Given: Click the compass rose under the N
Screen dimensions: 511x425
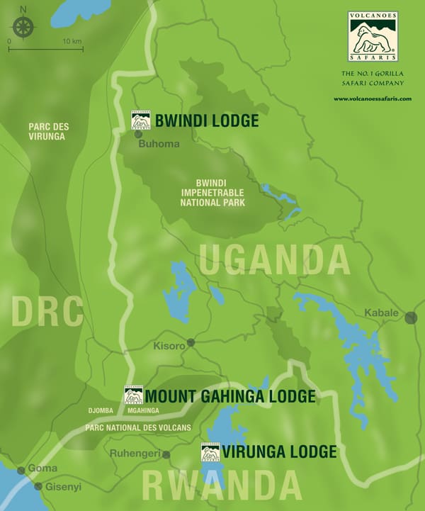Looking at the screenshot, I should [x=24, y=26].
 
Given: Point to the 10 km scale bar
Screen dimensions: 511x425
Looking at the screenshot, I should [x=46, y=49].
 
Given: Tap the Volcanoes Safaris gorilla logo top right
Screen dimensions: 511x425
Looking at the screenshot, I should [x=373, y=35].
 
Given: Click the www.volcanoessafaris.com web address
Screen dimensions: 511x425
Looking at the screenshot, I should [x=373, y=99].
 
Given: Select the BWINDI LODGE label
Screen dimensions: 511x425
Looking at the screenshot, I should [x=206, y=121].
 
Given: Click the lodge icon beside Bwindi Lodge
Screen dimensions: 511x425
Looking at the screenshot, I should [x=140, y=120].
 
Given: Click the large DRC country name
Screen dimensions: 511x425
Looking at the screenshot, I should [x=47, y=311].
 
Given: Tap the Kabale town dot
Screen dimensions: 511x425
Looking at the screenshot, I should [x=411, y=318].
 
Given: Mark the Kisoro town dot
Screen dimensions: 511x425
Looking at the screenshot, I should [x=191, y=342].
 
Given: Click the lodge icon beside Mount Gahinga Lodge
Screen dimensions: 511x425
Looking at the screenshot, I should [x=133, y=395].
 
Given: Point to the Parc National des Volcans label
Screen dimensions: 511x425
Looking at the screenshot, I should [x=138, y=427].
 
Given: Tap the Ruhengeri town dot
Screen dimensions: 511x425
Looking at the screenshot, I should [x=166, y=454].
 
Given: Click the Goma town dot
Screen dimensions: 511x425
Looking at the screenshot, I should [x=21, y=470].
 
